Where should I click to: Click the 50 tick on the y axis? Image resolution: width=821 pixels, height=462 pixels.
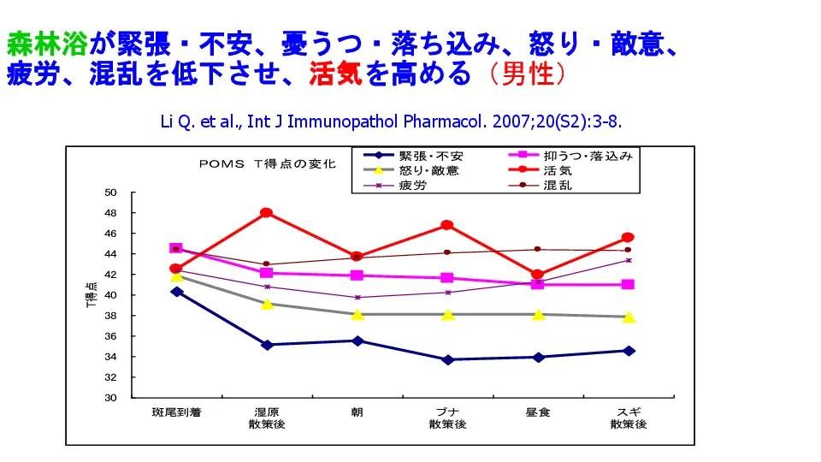(x=110, y=192)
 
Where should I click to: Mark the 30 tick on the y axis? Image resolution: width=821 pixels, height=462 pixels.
(x=110, y=398)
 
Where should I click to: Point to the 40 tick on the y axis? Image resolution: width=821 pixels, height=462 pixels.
(x=110, y=295)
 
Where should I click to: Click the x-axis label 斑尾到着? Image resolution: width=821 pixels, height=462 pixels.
(x=175, y=412)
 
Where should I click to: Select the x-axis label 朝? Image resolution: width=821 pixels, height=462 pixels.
(x=357, y=412)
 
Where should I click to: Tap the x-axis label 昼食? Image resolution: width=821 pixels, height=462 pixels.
(x=537, y=412)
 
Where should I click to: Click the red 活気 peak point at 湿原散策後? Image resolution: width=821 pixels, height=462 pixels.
(x=266, y=212)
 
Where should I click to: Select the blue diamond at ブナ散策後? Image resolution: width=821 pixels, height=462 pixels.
(x=447, y=359)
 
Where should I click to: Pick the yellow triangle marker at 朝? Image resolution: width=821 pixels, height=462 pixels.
(x=357, y=314)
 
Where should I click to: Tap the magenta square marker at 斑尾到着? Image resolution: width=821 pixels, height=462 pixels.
(x=176, y=248)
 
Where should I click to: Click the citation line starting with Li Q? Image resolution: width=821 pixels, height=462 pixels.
(x=391, y=120)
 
